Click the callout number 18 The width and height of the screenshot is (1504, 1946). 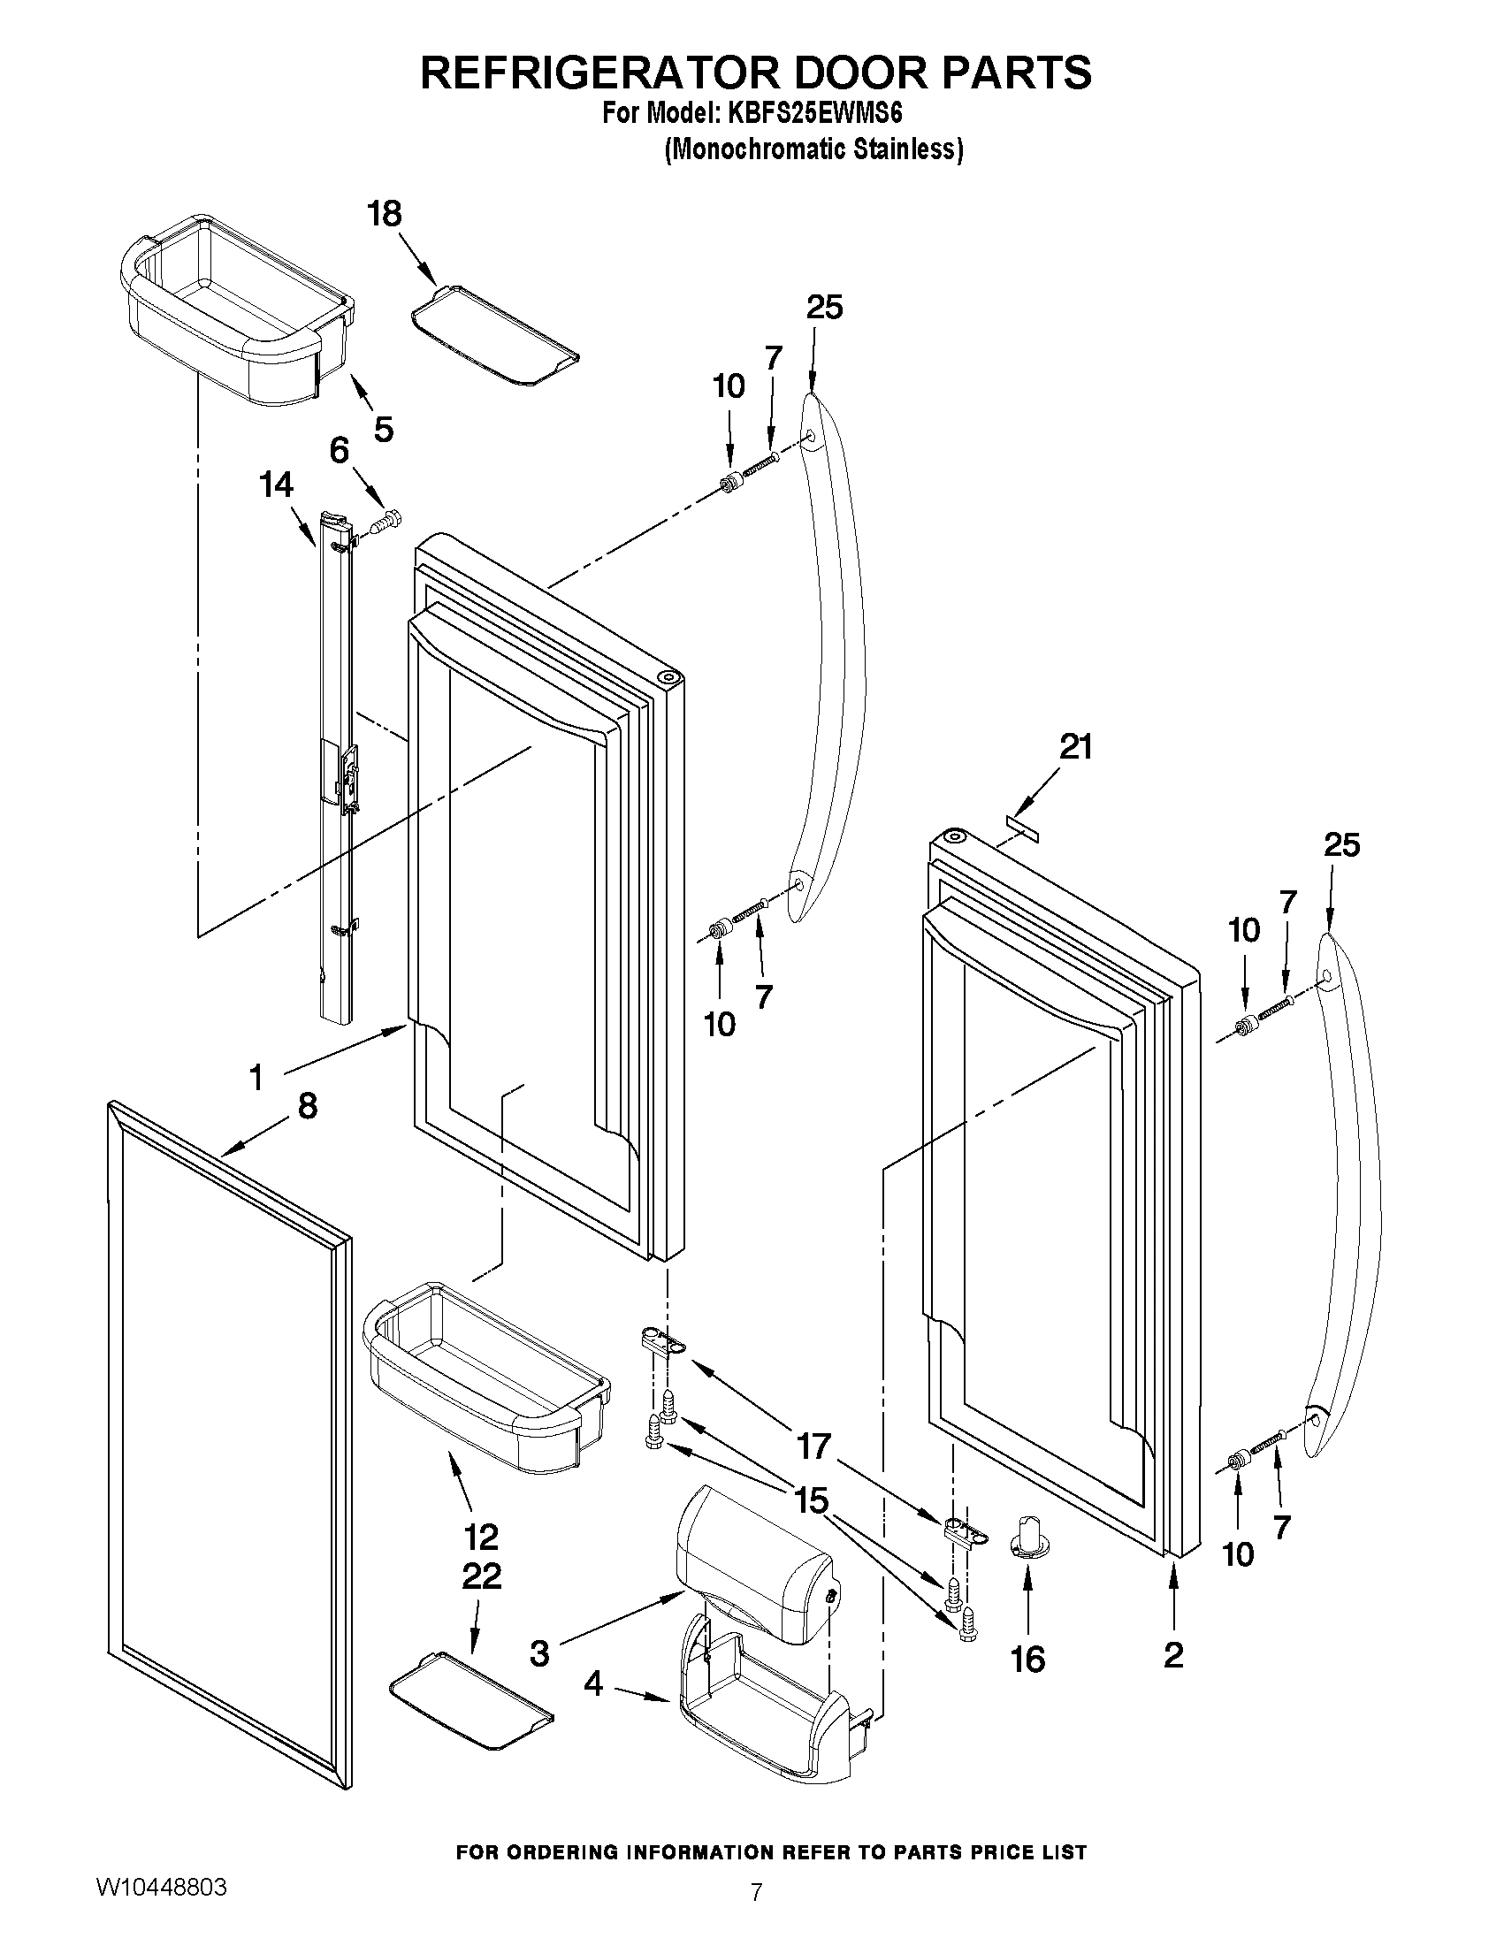385,215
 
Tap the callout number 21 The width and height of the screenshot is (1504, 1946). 1075,747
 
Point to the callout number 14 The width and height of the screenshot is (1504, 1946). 276,485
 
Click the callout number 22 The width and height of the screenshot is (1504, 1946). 481,1576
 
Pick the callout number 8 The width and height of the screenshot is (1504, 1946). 307,1106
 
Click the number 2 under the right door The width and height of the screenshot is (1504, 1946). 1173,1654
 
